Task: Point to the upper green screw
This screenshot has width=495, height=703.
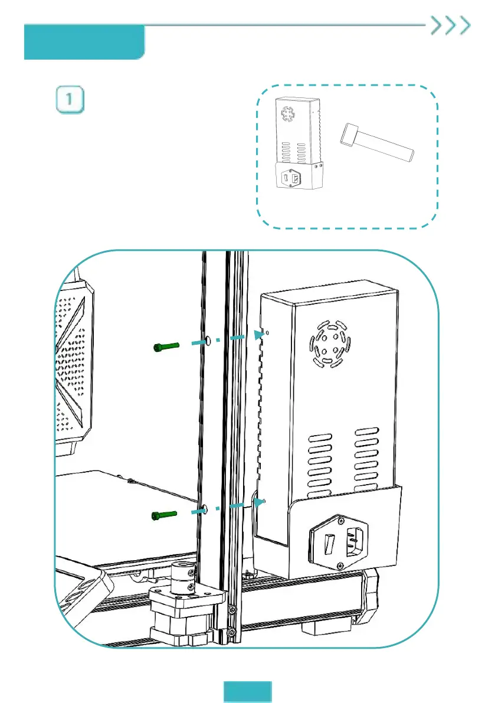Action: coord(165,348)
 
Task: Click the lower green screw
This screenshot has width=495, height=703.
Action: coord(165,515)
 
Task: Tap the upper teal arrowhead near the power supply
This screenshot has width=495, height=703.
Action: coord(257,335)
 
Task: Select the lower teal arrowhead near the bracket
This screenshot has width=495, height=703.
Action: coord(258,502)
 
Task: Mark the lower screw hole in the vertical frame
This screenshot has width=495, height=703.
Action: coord(204,509)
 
